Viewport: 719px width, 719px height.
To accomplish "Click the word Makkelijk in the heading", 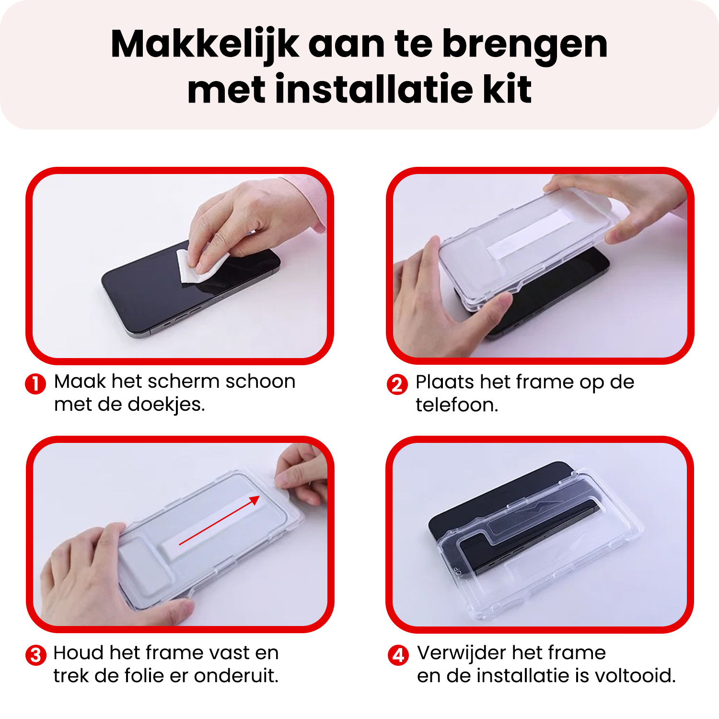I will (x=205, y=45).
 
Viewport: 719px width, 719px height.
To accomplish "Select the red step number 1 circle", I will (x=35, y=384).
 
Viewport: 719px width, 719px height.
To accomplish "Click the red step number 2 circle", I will (x=397, y=384).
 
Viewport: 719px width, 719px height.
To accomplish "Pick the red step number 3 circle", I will (x=36, y=655).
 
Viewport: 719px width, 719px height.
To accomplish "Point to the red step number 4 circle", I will (x=398, y=655).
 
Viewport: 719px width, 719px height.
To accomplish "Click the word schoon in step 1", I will (x=260, y=382).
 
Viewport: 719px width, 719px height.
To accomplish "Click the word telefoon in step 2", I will (x=456, y=406).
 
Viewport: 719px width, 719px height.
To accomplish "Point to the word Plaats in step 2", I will (x=444, y=382).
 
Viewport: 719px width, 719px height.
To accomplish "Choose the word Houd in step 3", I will (x=78, y=653).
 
